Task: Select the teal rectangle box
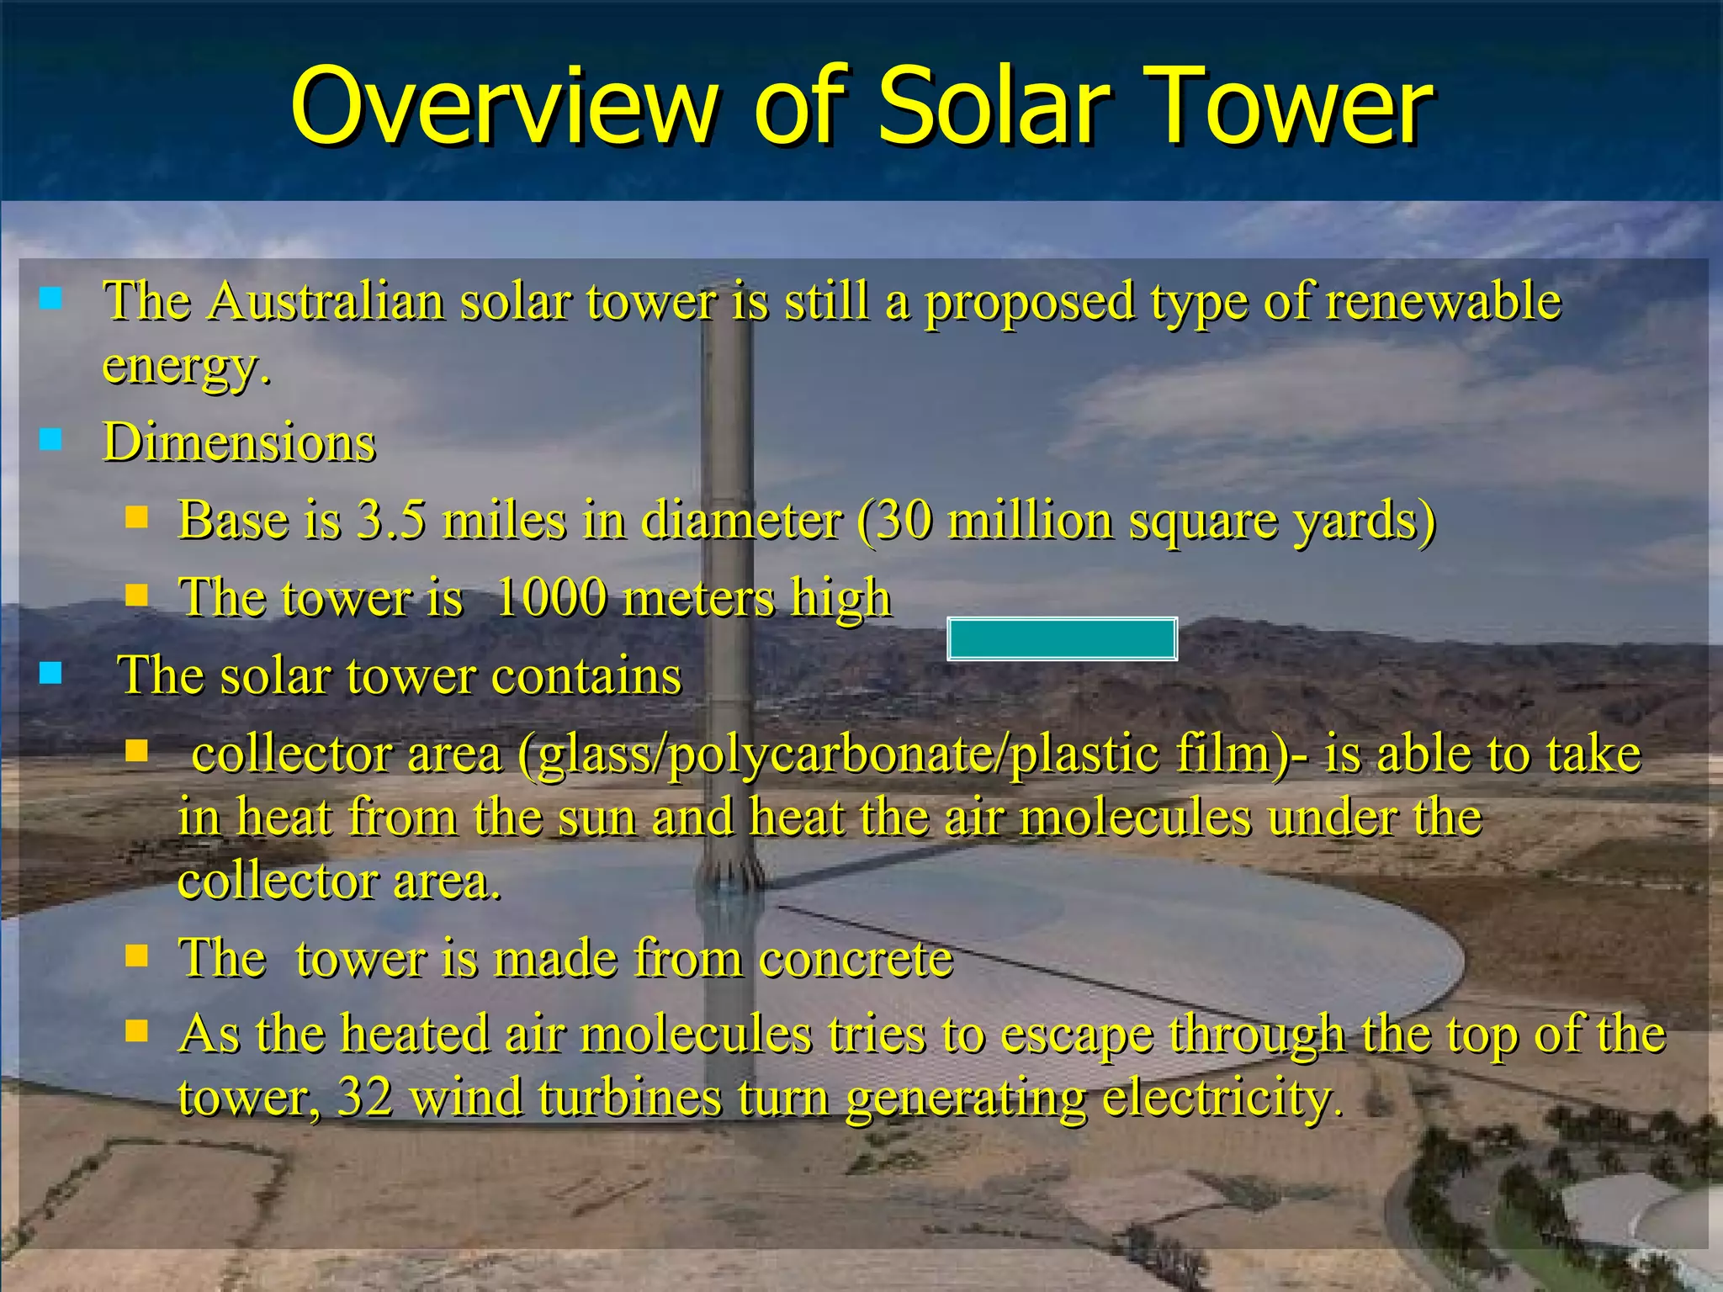[x=1061, y=639]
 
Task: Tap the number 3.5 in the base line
[x=390, y=520]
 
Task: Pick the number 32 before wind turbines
[x=364, y=1097]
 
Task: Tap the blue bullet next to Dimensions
[x=51, y=439]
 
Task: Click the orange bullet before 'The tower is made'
[x=136, y=956]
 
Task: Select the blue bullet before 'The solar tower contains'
[x=51, y=673]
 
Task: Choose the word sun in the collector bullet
[x=596, y=816]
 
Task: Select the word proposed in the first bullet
[x=1030, y=300]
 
